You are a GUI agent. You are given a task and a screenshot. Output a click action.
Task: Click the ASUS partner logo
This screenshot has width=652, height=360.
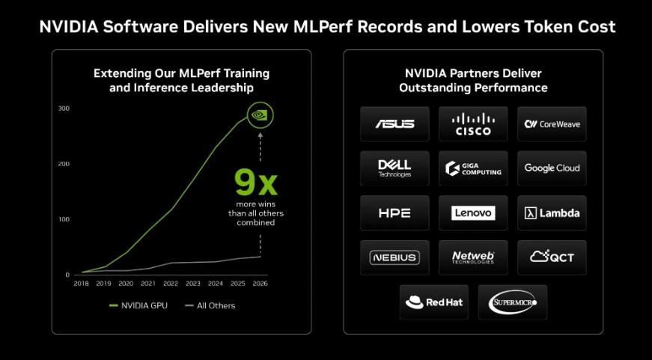pyautogui.click(x=394, y=123)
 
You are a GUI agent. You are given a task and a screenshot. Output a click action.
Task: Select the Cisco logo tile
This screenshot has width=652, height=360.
pyautogui.click(x=473, y=123)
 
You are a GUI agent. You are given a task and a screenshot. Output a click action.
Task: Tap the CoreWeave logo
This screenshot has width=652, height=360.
pyautogui.click(x=552, y=123)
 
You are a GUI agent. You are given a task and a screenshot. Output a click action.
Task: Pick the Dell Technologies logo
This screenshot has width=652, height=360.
pyautogui.click(x=394, y=168)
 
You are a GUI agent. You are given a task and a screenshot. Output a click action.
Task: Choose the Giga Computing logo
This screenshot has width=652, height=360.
pyautogui.click(x=473, y=168)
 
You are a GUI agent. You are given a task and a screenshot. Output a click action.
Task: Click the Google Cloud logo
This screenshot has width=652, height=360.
pyautogui.click(x=552, y=168)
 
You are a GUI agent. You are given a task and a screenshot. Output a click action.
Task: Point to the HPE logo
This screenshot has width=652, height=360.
pyautogui.click(x=394, y=213)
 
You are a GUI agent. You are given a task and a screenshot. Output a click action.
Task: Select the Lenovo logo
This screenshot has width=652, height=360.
pyautogui.click(x=473, y=213)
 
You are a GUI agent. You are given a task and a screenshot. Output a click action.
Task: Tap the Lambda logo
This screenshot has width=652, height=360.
pyautogui.click(x=552, y=213)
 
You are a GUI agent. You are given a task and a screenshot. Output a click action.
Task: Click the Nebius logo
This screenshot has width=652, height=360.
pyautogui.click(x=394, y=257)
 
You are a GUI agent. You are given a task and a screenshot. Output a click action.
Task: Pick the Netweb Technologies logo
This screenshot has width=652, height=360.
pyautogui.click(x=473, y=257)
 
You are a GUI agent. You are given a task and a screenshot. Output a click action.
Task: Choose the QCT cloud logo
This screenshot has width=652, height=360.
pyautogui.click(x=552, y=257)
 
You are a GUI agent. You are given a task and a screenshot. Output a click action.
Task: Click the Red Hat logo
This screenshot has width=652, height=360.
pyautogui.click(x=434, y=302)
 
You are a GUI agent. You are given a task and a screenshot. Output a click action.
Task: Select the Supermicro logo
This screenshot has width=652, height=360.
pyautogui.click(x=512, y=302)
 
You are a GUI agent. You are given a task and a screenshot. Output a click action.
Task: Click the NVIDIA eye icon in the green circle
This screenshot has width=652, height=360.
pyautogui.click(x=260, y=115)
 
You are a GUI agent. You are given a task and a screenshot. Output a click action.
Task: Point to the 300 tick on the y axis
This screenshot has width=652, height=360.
pyautogui.click(x=64, y=109)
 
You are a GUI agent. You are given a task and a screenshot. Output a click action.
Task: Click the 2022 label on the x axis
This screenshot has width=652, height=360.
pyautogui.click(x=171, y=284)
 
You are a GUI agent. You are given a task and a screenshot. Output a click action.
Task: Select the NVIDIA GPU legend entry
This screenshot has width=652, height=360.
pyautogui.click(x=140, y=305)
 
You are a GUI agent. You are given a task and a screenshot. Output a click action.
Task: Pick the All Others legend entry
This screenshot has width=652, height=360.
pyautogui.click(x=210, y=305)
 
